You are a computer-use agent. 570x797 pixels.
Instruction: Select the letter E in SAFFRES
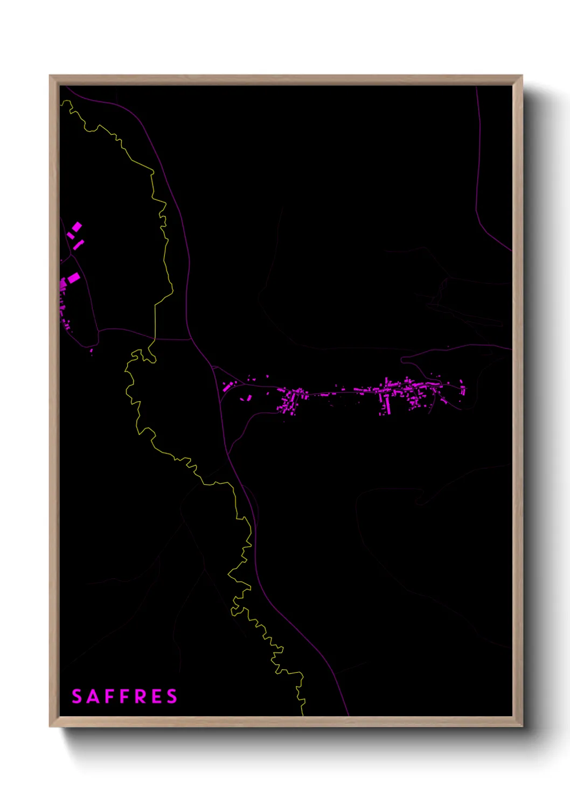coord(156,696)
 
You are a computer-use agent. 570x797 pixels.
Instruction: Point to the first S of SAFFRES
coord(77,696)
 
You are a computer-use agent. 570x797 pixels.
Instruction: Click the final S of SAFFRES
coord(172,696)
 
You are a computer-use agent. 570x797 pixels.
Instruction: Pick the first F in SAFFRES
coord(110,696)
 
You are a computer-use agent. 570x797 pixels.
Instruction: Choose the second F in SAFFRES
coord(125,696)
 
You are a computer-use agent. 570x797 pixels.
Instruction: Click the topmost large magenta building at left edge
coord(77,227)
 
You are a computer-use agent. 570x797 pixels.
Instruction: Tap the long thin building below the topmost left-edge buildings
coord(79,245)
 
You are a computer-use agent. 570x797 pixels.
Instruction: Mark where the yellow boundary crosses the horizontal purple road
coord(155,339)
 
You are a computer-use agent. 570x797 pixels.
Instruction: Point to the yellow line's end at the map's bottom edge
coord(303,715)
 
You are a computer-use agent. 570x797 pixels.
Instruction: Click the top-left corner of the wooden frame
coord(50,76)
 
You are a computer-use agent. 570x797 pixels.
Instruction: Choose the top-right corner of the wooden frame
coord(522,76)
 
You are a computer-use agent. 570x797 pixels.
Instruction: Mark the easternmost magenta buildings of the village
coord(463,388)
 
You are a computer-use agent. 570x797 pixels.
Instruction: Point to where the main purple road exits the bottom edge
coord(349,715)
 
